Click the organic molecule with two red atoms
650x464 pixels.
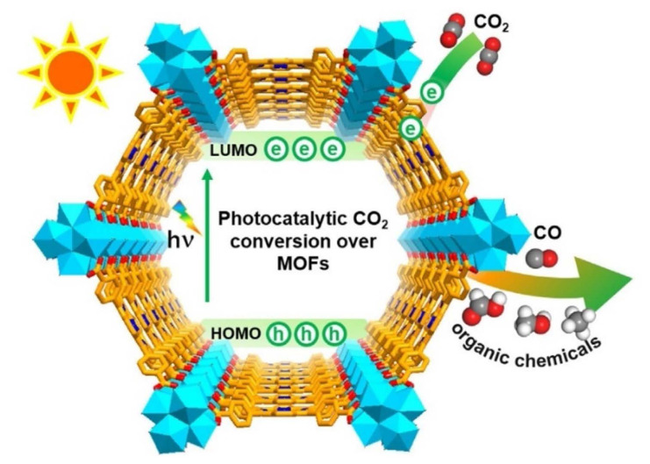480,311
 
